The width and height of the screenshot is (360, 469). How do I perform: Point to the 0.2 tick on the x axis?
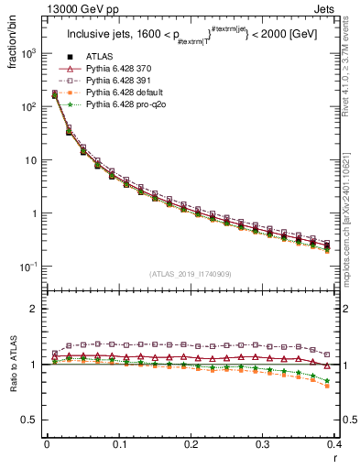[190, 444]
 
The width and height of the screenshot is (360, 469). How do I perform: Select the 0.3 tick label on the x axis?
[261, 444]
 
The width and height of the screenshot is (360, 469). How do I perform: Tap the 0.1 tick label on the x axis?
[118, 444]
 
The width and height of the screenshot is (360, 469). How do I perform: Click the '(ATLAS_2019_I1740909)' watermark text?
[190, 274]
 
